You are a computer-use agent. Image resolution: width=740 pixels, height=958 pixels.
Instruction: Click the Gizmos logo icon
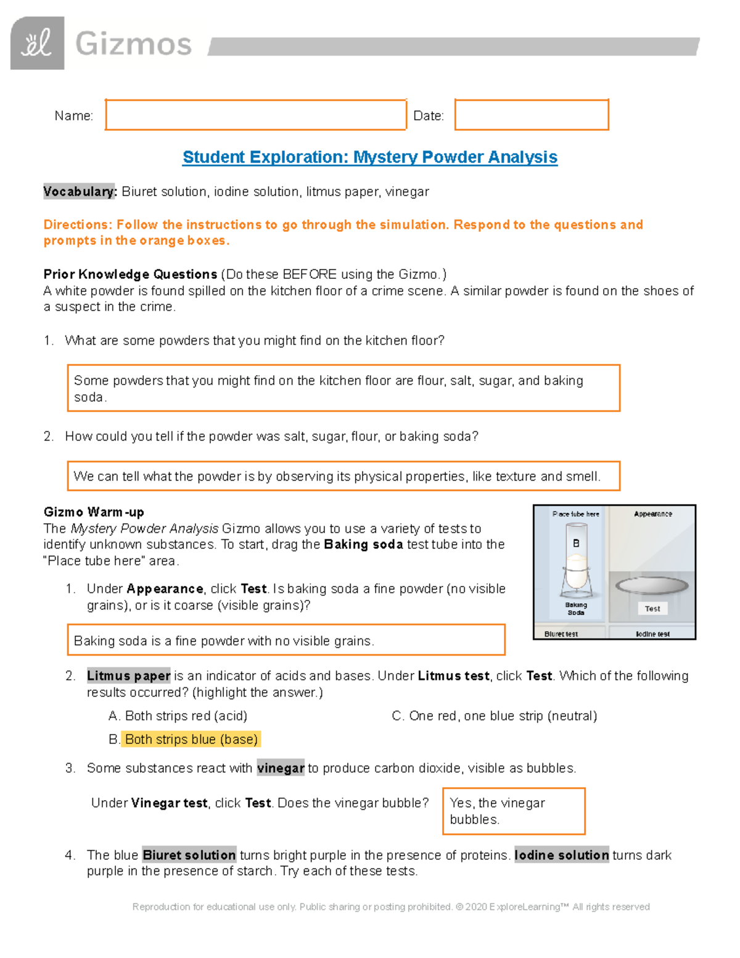coord(37,43)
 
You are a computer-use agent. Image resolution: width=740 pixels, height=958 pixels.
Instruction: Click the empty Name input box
coord(255,115)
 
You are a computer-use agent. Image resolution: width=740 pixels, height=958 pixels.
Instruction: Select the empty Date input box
coord(532,115)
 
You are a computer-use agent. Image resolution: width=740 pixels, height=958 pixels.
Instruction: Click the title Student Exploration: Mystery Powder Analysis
coord(370,157)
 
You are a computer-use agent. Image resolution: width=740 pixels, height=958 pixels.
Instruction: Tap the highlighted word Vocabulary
coord(80,192)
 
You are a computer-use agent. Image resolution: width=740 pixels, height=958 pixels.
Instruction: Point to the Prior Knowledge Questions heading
coord(130,275)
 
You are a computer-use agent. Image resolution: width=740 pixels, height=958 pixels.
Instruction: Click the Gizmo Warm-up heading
coord(94,512)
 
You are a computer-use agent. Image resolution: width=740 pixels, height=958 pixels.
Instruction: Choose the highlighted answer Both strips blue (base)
coord(191,739)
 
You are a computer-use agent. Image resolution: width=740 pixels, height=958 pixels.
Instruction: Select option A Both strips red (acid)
coord(178,716)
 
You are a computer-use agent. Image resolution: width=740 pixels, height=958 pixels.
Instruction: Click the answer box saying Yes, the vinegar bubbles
coord(514,811)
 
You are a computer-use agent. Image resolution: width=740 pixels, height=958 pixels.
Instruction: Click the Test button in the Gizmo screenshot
coord(652,609)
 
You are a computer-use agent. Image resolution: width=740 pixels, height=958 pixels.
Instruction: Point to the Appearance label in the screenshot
coord(653,514)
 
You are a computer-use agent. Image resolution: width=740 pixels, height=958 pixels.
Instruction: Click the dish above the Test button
coord(652,585)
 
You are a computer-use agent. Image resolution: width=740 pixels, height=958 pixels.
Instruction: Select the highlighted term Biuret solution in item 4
coord(189,855)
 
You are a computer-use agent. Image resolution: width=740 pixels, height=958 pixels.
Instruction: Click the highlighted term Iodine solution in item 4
coord(562,855)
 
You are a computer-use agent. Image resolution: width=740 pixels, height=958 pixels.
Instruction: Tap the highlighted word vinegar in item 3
coord(281,768)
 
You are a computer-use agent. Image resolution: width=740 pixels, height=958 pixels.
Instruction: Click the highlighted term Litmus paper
coord(129,676)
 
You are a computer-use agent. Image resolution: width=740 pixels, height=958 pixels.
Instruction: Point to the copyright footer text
coord(391,907)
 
